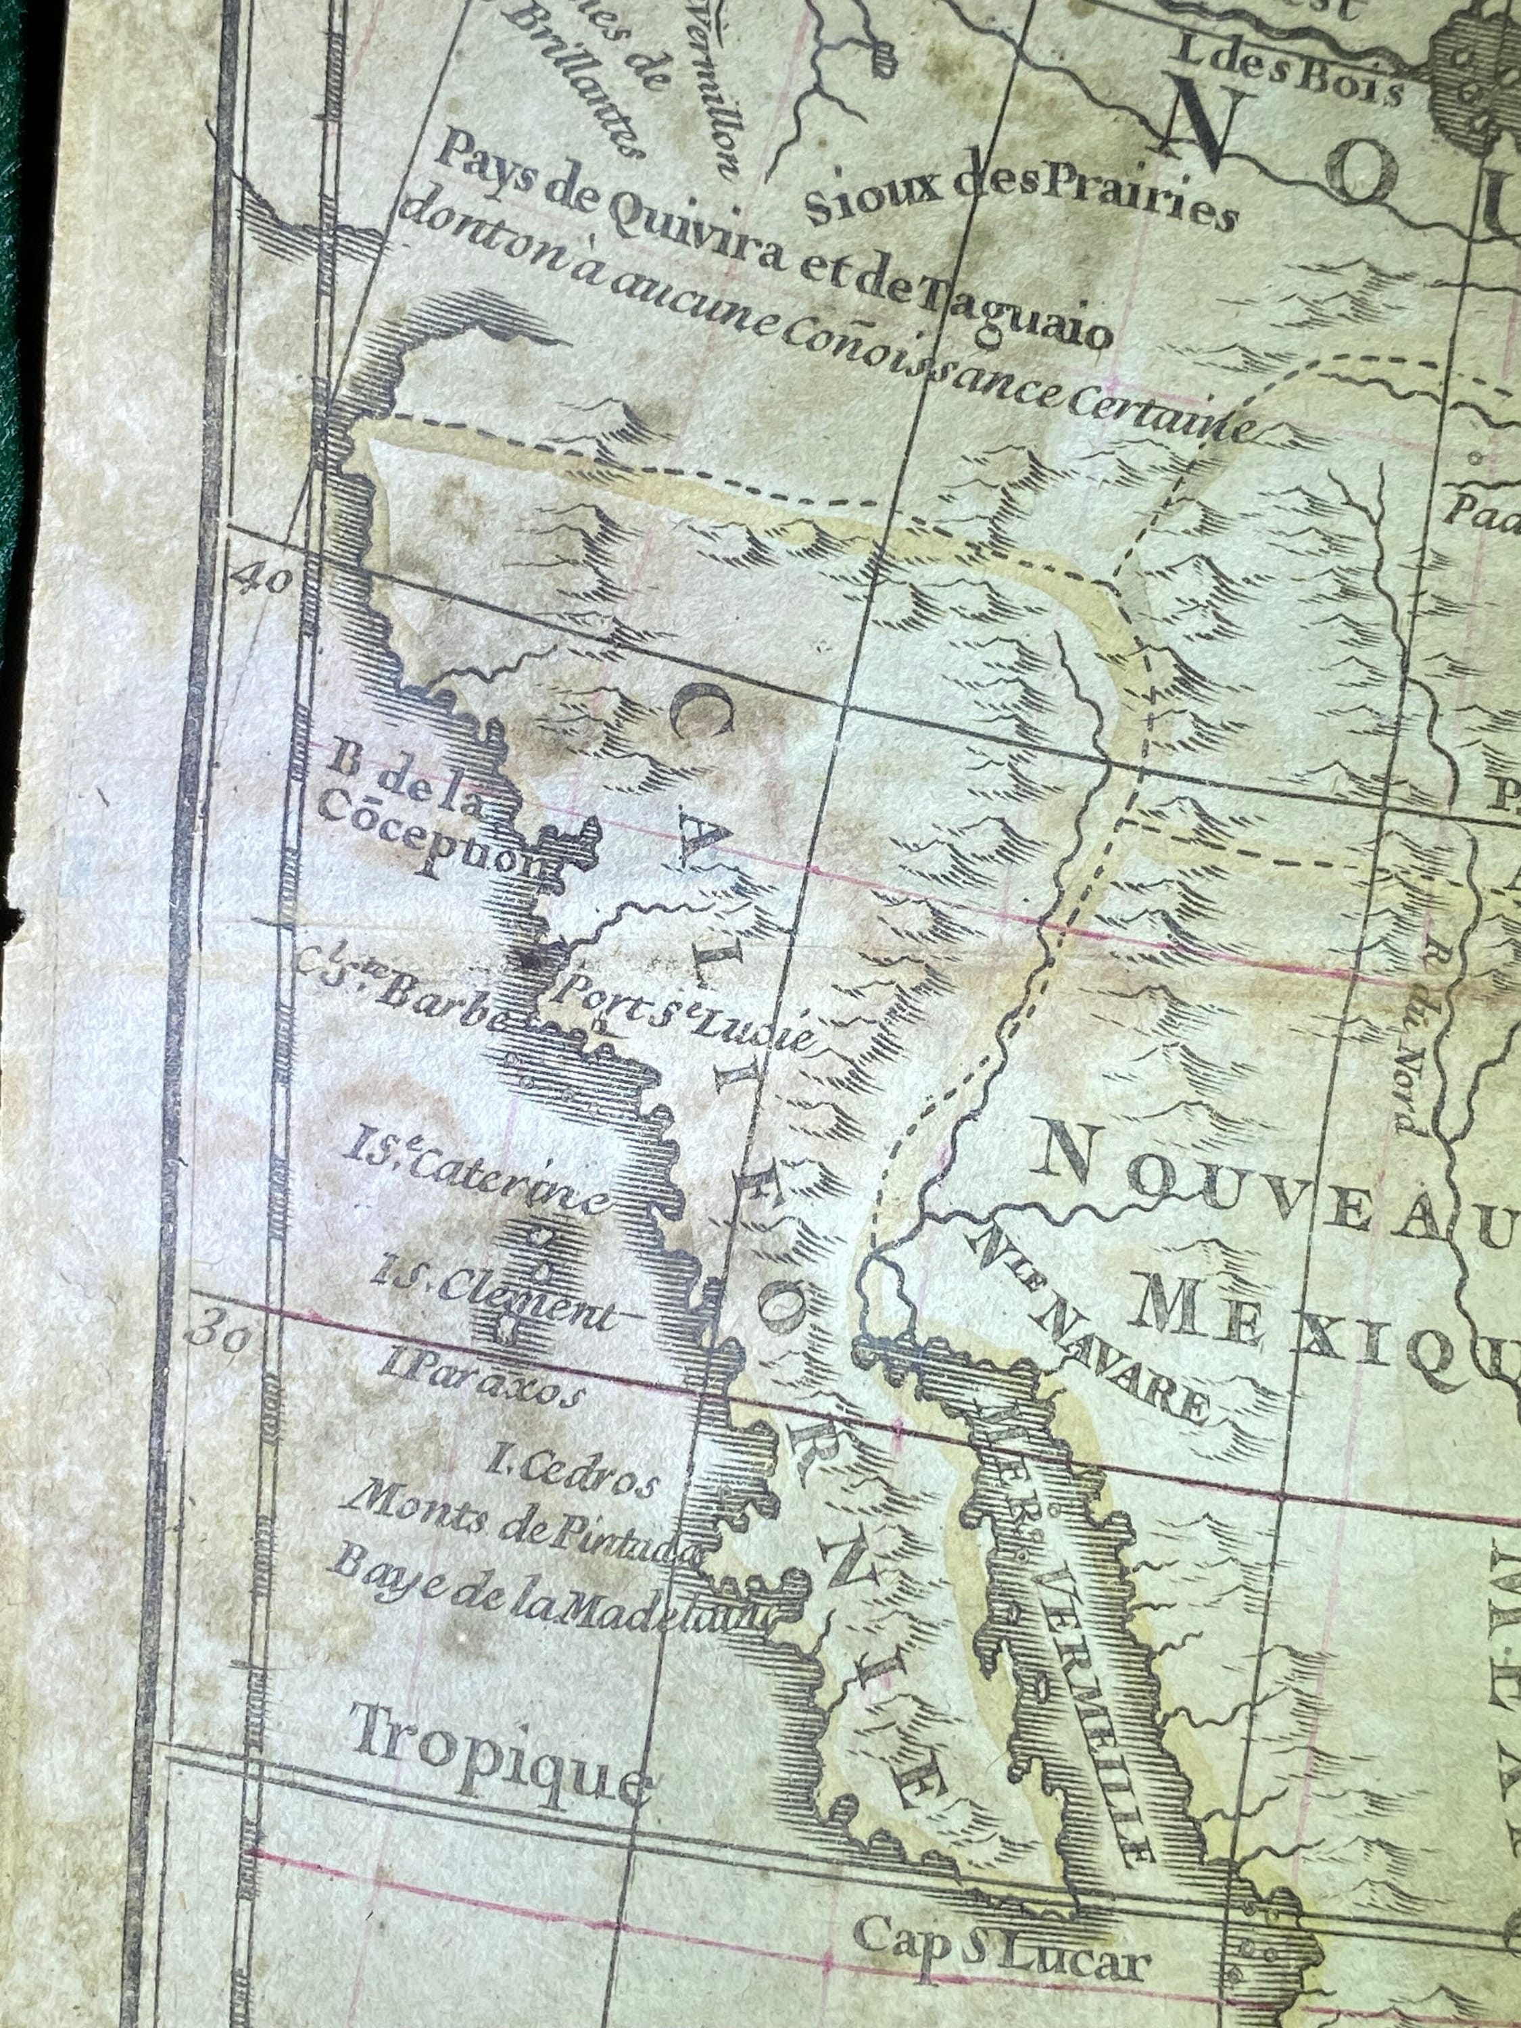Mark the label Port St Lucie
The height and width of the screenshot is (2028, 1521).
(x=683, y=1011)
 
